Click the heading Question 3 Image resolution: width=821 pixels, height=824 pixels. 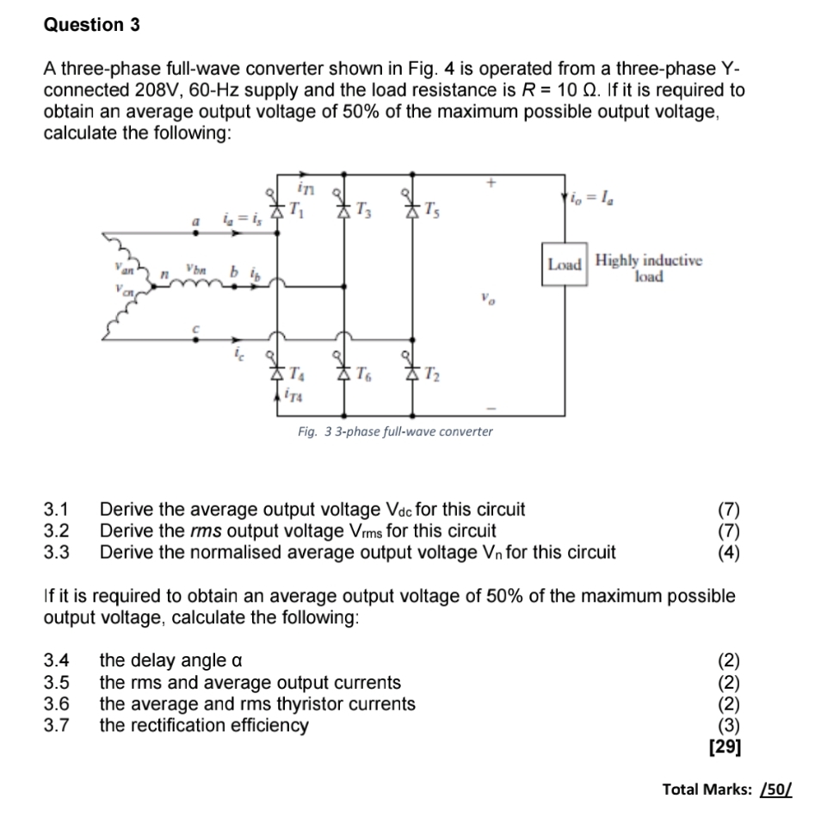(91, 25)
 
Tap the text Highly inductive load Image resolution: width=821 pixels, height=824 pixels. (649, 269)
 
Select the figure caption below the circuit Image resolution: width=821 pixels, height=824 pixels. (395, 431)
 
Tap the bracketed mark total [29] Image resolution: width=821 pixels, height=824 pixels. (724, 747)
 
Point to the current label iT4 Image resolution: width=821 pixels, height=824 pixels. (291, 394)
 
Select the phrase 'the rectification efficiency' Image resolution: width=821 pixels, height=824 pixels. (204, 726)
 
